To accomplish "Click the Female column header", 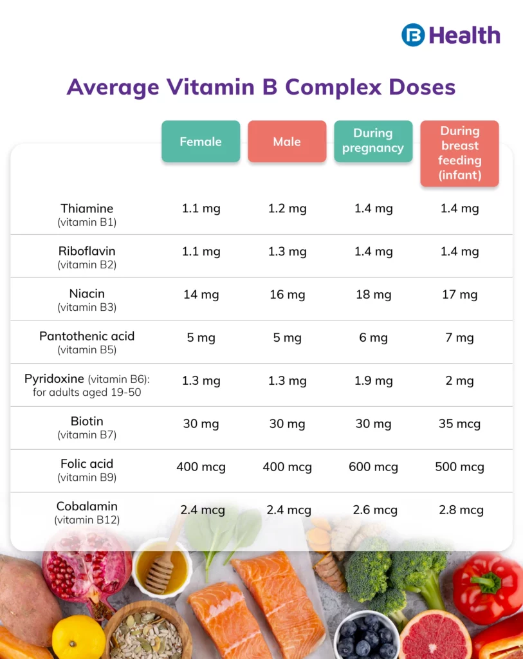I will click(x=201, y=142).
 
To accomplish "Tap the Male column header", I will click(x=287, y=142).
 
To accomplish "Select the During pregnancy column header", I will click(x=373, y=141).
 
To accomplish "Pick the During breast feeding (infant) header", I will click(x=459, y=153).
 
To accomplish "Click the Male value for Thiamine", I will click(x=287, y=209).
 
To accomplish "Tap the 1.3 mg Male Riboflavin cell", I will click(x=287, y=252).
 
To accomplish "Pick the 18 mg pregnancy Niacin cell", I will click(x=373, y=295).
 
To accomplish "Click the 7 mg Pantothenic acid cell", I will click(x=459, y=338).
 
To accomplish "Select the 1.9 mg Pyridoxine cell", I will click(x=373, y=381).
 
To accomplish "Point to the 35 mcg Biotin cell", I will click(x=459, y=424).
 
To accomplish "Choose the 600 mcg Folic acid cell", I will click(x=373, y=467).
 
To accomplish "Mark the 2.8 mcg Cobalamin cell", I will click(x=459, y=510).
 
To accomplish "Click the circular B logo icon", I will click(x=413, y=35).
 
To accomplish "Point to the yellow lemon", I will click(x=78, y=637).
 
